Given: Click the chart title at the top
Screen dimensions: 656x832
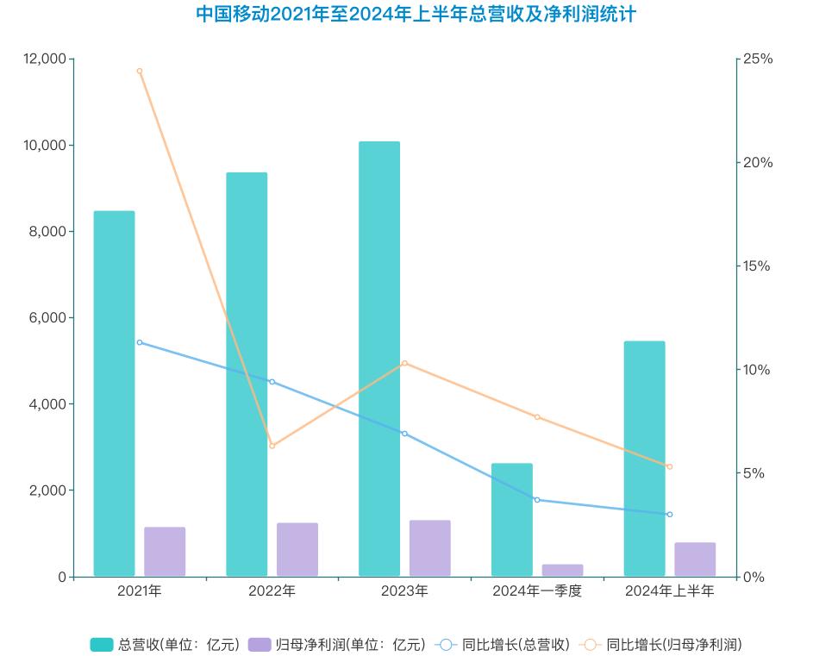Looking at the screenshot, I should coord(416,15).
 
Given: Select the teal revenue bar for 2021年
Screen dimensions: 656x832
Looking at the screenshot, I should coord(115,393).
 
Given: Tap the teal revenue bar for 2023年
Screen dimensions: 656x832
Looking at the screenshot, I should coord(379,359).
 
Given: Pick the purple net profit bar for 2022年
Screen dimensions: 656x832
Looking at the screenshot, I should coord(297,549).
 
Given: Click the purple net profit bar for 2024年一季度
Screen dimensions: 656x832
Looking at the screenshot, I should coord(562,570).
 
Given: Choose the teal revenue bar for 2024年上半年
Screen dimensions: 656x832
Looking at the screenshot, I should coord(645,459).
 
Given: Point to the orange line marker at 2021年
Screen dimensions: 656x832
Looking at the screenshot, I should coord(140,71).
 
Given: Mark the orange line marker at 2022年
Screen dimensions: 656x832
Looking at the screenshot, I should coord(272,446).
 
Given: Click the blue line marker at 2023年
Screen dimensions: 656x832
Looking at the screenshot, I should coord(404,434).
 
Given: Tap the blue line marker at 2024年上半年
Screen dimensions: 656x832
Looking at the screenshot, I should coord(670,515).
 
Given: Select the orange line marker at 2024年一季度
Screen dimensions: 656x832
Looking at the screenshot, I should coord(537,417).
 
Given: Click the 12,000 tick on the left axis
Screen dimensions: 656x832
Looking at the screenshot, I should coord(45,59).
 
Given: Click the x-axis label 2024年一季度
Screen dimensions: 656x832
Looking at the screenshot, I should coord(537,591).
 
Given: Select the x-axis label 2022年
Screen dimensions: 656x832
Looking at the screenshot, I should coord(272,591).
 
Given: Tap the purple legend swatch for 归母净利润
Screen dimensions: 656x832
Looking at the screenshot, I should coord(260,644).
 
